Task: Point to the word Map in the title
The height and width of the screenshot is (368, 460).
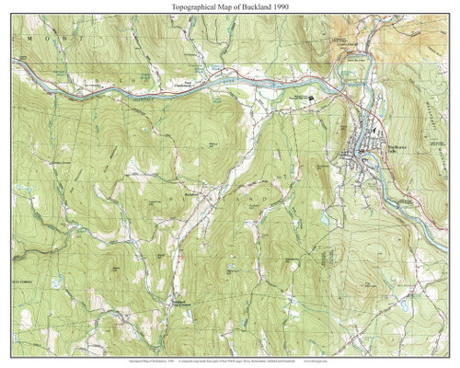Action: coord(221,6)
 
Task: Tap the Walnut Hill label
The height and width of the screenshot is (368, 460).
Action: coord(214,144)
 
